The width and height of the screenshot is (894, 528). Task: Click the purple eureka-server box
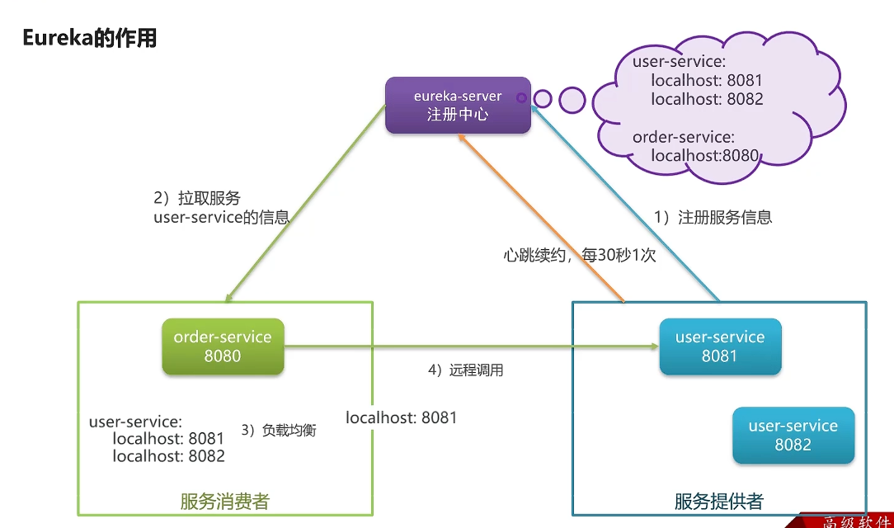coord(458,106)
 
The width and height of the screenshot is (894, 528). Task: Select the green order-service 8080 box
coord(223,346)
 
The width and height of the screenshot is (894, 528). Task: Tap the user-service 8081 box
coord(720,346)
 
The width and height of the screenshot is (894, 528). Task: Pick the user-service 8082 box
coord(793,436)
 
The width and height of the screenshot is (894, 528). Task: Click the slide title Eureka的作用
coord(89,38)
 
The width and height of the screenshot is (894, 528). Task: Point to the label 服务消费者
coord(224,501)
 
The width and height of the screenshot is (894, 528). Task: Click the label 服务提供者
coord(718,501)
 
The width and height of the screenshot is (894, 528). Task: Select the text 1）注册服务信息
coord(713,218)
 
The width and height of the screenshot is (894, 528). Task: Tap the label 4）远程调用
coord(465,370)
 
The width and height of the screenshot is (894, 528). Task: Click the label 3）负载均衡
coord(278,430)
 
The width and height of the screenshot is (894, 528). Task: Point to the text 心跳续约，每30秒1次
coord(579,256)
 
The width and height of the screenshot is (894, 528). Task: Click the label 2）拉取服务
coord(197,199)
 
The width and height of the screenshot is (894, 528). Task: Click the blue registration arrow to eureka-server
coord(627,206)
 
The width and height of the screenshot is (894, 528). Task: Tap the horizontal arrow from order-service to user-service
coord(470,348)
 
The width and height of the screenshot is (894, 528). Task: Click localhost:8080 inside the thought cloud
coord(704,155)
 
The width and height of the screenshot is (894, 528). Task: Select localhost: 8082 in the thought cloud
coord(707,99)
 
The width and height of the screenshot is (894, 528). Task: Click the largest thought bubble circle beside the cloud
coord(572,100)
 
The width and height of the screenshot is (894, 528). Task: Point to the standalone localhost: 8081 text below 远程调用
coord(401,417)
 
